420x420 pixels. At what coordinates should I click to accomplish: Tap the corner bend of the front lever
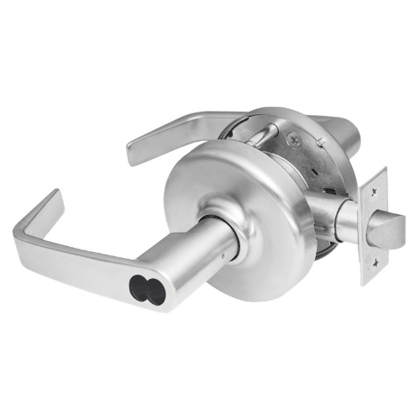coord(25,230)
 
